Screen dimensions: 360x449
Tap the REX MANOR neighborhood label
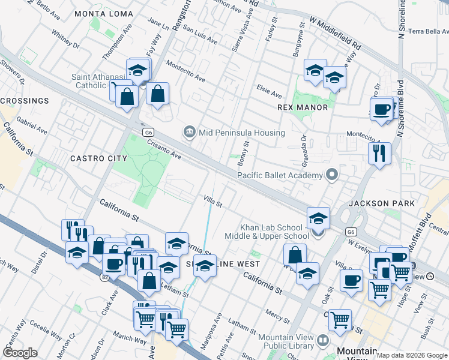point(303,107)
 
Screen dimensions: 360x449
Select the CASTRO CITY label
point(99,158)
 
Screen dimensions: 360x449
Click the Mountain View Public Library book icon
point(323,340)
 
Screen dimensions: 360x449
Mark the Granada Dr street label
point(304,146)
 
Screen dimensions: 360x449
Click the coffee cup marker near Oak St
point(351,280)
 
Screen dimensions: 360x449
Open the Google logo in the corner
point(20,352)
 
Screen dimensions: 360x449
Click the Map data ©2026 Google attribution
point(412,355)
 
